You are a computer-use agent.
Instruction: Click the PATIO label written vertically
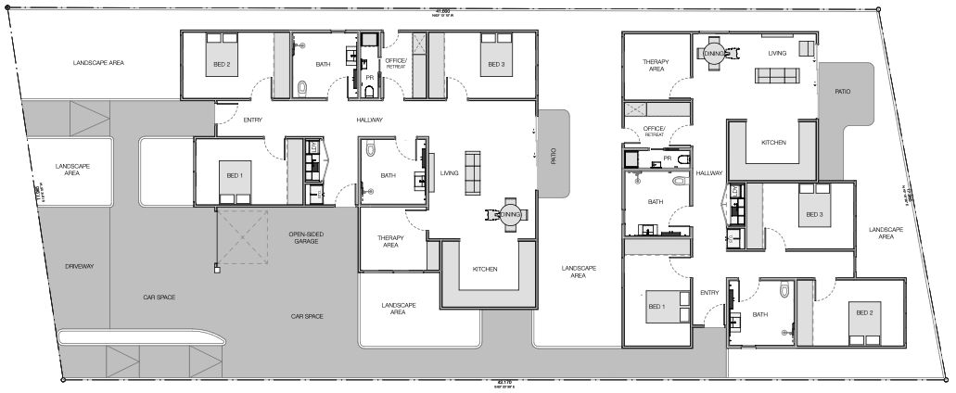tap(554, 155)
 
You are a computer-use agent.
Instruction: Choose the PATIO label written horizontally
tap(842, 92)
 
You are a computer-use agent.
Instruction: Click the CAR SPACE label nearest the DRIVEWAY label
tap(159, 297)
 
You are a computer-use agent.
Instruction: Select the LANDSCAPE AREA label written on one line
tap(98, 63)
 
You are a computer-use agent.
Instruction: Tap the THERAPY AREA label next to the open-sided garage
tap(390, 242)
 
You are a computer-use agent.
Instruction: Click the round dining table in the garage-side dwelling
tap(507, 215)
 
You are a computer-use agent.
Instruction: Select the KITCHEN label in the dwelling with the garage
tap(485, 269)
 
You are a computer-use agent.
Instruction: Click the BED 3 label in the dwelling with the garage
tap(491, 65)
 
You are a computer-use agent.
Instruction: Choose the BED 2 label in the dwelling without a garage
tap(865, 313)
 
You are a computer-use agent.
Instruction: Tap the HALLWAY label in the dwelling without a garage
tap(708, 173)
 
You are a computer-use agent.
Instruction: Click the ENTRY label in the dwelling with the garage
tap(252, 120)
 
